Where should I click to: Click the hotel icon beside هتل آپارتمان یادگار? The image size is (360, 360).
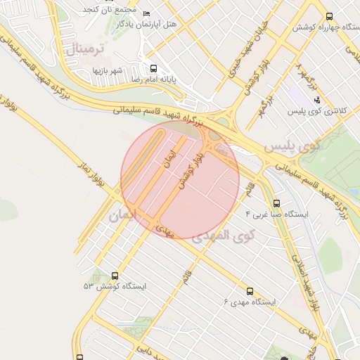coord(146,14)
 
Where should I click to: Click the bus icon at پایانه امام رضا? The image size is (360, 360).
coord(154,68)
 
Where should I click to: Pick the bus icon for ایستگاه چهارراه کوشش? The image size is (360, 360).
coord(330,16)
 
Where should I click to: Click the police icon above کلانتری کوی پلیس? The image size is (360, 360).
coord(317,99)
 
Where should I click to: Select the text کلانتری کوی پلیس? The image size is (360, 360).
coord(314,111)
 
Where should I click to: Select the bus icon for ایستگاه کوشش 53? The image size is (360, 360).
coord(115,276)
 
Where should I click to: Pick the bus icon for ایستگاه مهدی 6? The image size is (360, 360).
coord(250,291)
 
